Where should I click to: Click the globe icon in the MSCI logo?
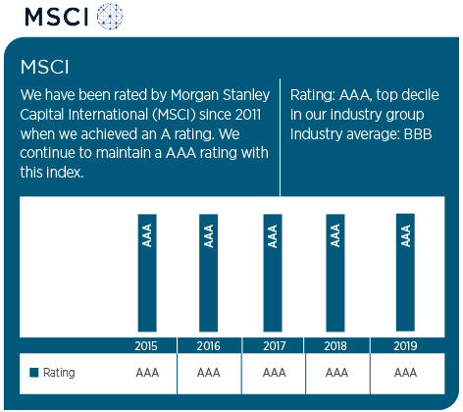(110, 16)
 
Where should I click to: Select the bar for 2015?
(147, 273)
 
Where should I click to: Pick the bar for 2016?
(209, 273)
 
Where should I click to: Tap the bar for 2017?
(273, 273)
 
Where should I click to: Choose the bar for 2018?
(335, 273)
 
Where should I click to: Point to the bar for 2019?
(405, 273)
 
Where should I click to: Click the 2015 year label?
(146, 346)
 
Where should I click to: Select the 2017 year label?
(275, 346)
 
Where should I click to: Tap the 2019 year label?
(405, 346)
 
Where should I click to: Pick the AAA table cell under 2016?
(209, 373)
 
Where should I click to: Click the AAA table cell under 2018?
(336, 373)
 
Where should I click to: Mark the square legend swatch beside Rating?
(34, 373)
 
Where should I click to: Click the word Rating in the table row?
(59, 373)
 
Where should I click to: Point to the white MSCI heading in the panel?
(45, 67)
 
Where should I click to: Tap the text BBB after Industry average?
(418, 134)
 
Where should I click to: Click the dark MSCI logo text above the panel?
(57, 17)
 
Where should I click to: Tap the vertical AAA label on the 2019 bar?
(406, 235)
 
